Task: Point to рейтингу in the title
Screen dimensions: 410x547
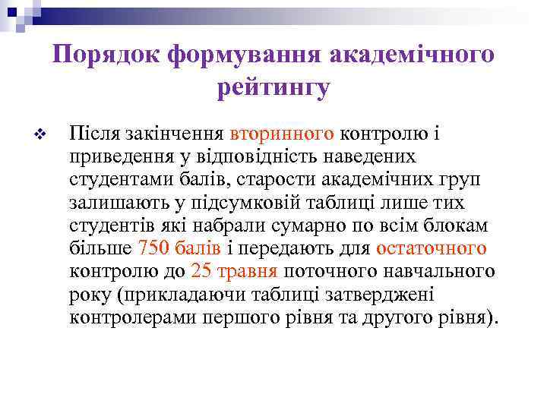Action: (x=273, y=89)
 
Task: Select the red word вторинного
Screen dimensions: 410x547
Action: (x=282, y=134)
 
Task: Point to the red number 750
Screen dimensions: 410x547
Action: (x=150, y=248)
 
